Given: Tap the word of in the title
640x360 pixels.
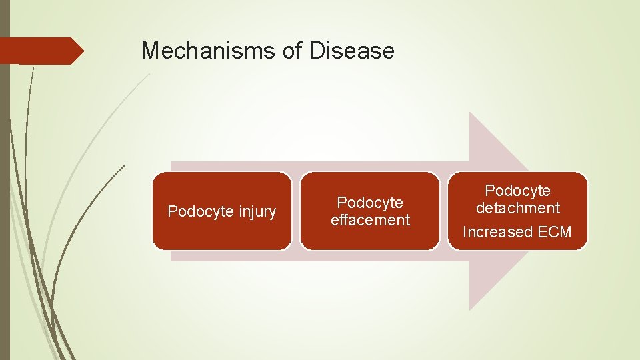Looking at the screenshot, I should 294,51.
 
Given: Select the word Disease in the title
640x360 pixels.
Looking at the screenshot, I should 352,51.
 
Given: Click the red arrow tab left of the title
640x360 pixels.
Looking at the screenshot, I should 40,51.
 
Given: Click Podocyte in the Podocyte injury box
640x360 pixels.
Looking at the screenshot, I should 198,212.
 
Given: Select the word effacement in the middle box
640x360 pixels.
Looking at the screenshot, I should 370,220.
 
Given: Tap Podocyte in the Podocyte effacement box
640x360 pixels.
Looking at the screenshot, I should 370,203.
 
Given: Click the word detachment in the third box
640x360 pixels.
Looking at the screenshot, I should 518,208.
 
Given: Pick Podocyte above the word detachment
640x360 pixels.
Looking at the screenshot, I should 518,191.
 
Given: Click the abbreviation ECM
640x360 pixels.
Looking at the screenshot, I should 555,233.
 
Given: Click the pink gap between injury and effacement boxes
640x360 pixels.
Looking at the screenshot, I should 296,211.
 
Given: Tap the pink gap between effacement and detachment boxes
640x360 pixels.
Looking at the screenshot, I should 444,211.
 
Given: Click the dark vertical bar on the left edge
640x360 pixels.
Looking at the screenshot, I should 5,200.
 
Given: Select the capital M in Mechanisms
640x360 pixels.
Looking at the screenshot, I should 150,51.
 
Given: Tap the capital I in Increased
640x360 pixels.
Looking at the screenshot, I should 465,233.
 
